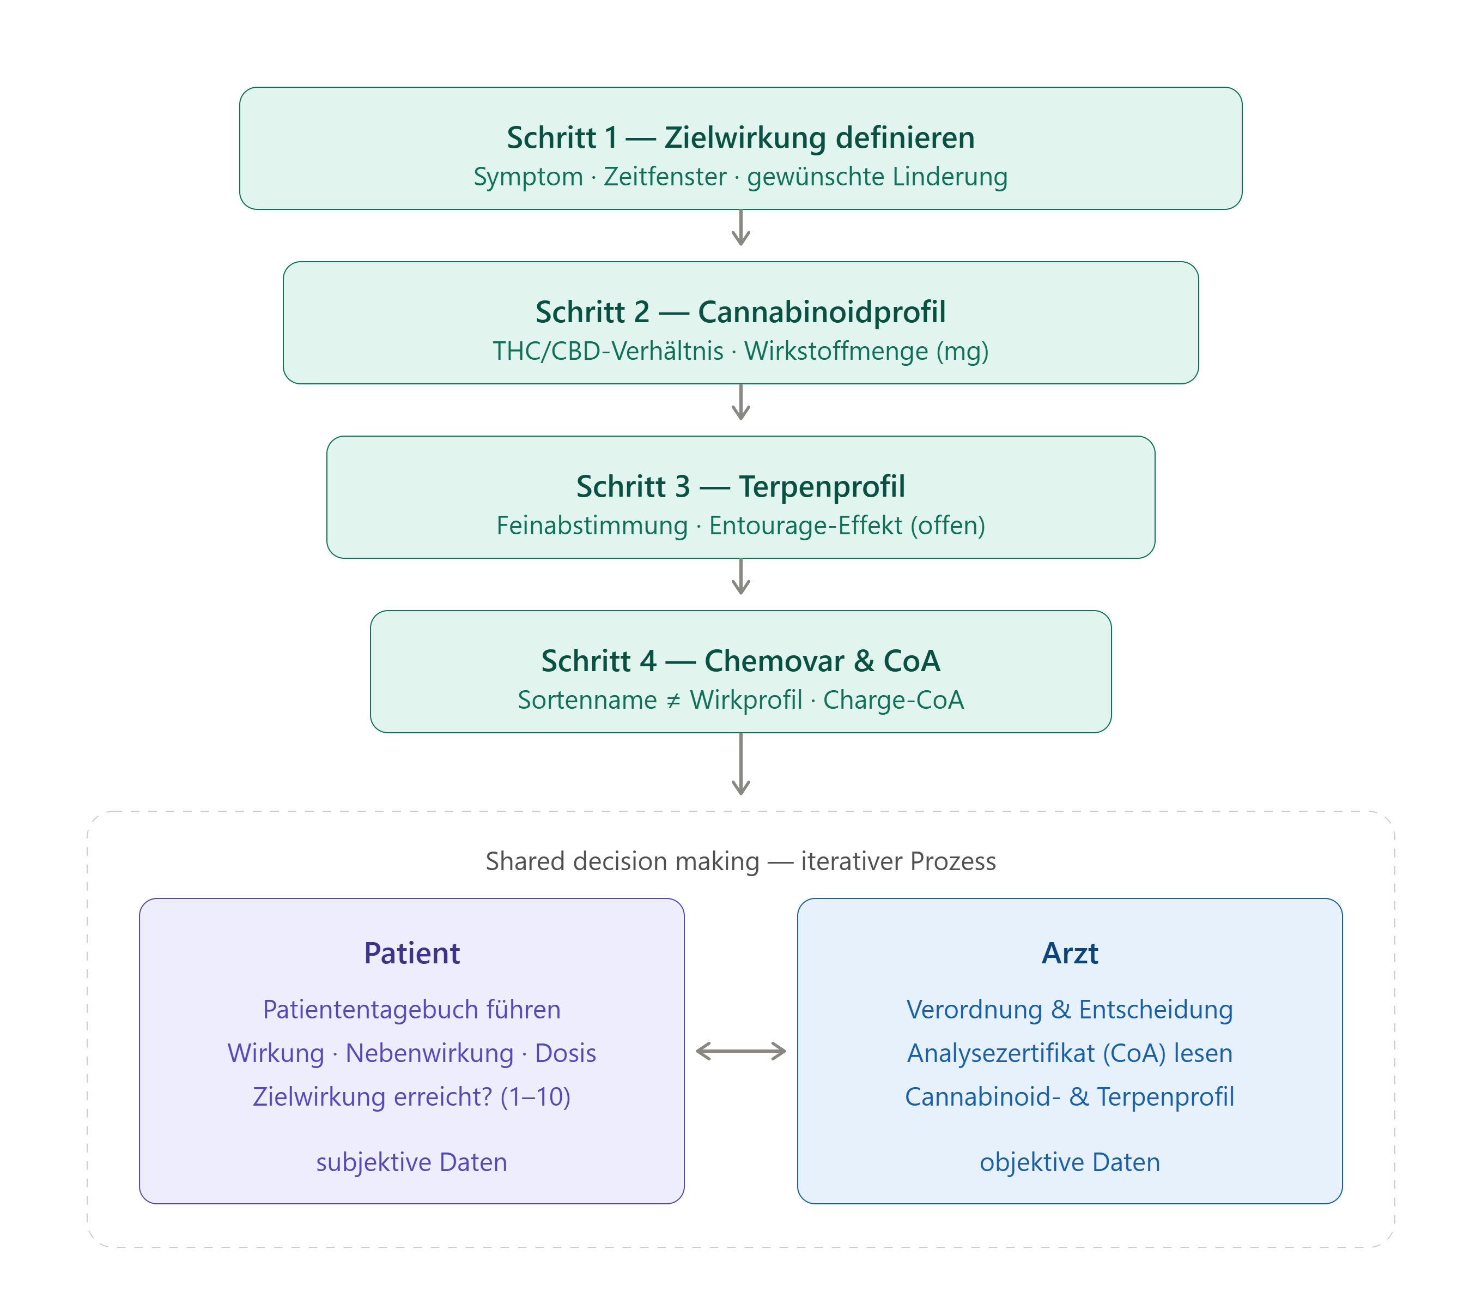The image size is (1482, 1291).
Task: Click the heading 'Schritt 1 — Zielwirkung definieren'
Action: tap(740, 137)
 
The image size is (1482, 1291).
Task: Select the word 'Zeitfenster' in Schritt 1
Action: tap(665, 177)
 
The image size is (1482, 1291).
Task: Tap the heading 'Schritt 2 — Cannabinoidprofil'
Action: tap(740, 312)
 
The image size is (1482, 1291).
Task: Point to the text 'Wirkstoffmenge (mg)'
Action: tap(866, 352)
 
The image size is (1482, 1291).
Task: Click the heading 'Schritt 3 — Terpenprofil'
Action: tap(740, 486)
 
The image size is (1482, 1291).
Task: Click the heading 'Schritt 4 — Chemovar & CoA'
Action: tap(740, 661)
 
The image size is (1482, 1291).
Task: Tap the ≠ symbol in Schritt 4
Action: tap(673, 700)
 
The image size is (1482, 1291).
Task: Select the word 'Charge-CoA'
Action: tap(893, 700)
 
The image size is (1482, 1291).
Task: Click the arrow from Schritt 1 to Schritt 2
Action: tap(741, 228)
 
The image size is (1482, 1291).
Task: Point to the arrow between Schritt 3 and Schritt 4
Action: tap(741, 576)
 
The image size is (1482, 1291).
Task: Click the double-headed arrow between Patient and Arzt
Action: tap(741, 1051)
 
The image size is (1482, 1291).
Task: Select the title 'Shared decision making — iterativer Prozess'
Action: tap(740, 861)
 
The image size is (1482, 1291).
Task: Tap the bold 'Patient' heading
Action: tap(412, 953)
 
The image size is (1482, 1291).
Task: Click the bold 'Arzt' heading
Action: tap(1070, 953)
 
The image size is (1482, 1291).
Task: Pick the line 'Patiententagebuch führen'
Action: tap(412, 1009)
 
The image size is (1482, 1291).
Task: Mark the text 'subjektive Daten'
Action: tap(412, 1162)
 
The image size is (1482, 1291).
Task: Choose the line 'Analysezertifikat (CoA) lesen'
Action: tap(1070, 1053)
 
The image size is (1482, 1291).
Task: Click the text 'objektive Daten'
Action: tap(1070, 1162)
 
